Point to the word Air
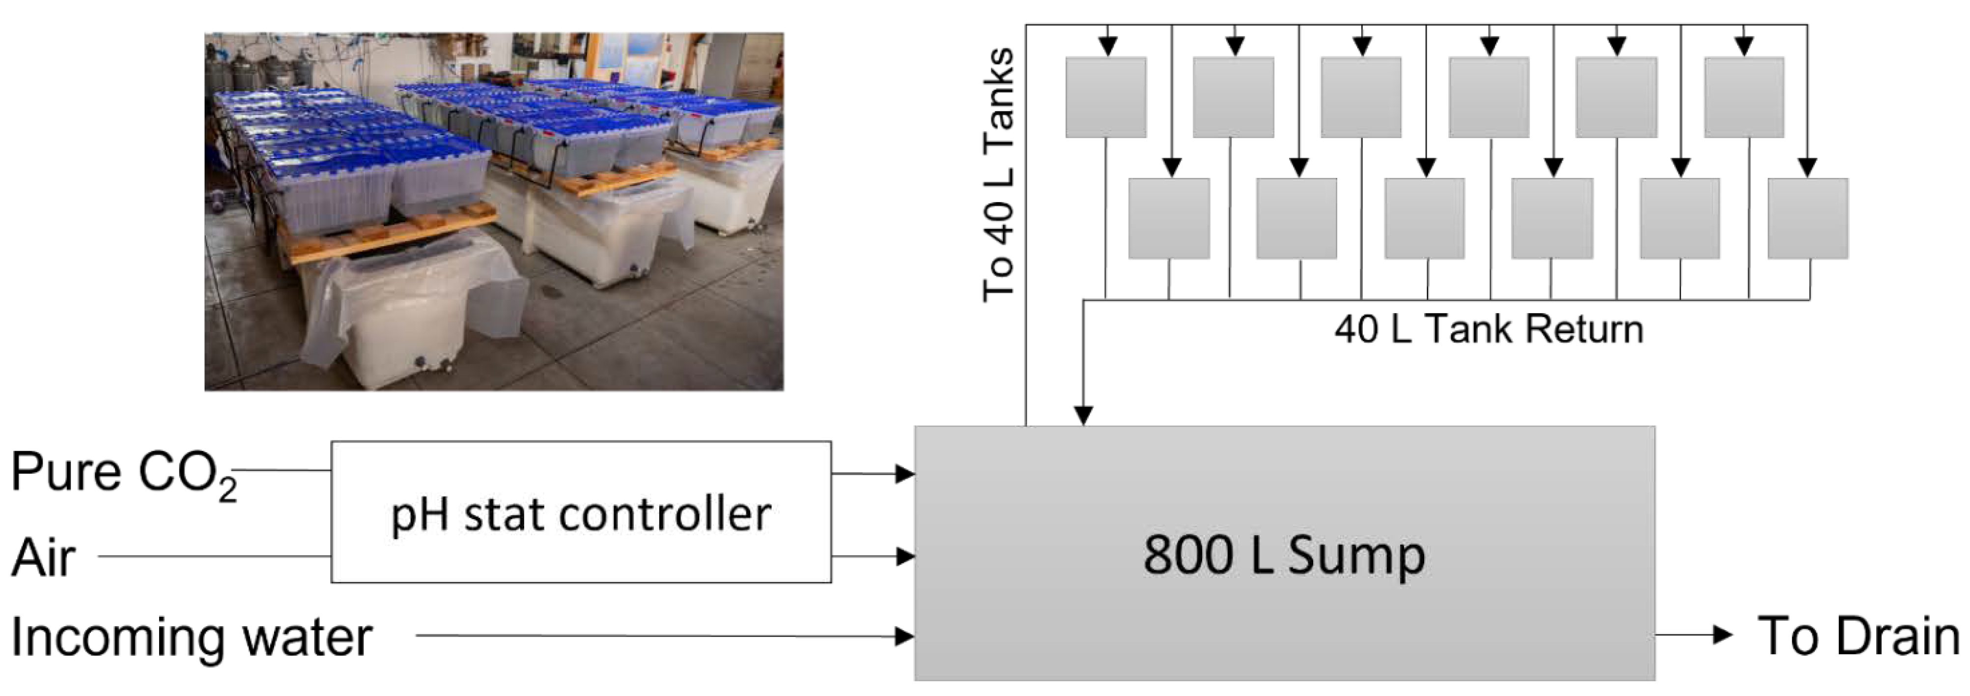(x=44, y=557)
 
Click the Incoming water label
(x=191, y=637)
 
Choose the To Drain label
(x=1858, y=636)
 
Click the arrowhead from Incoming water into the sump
(x=905, y=636)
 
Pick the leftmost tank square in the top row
(x=1106, y=97)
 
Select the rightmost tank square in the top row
(x=1744, y=97)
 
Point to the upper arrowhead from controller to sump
(x=905, y=473)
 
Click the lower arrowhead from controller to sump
(x=905, y=556)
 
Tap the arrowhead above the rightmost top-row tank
(x=1744, y=47)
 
